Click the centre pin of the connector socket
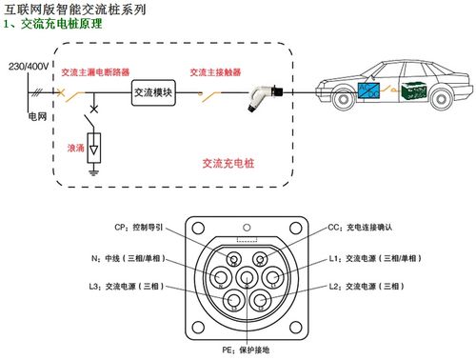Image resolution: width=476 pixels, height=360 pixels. pyautogui.click(x=247, y=278)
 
